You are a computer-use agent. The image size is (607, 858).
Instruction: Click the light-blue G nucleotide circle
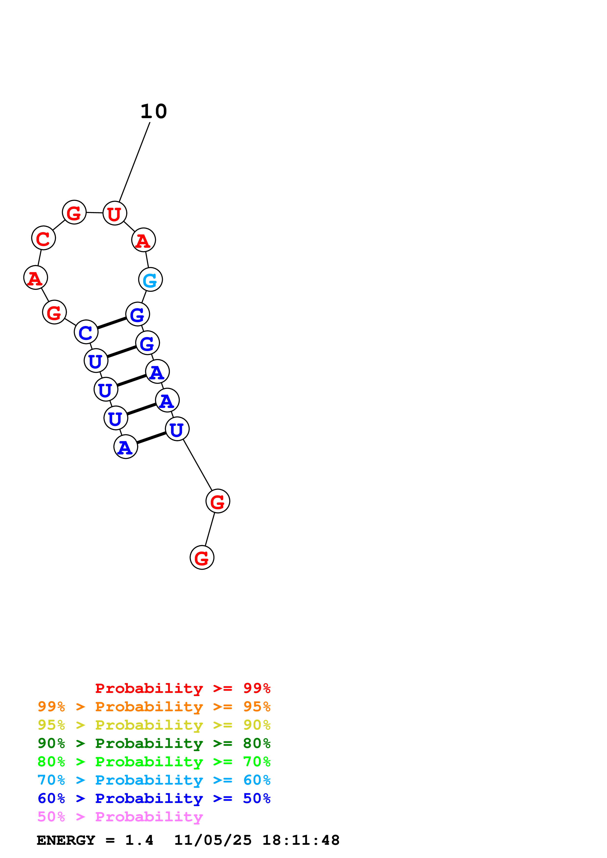(150, 280)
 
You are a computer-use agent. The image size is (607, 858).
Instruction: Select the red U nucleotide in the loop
(114, 213)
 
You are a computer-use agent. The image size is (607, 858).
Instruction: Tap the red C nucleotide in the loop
(43, 238)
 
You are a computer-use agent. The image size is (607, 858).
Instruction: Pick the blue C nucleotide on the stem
(86, 332)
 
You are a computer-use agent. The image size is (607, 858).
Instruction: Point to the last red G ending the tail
(202, 558)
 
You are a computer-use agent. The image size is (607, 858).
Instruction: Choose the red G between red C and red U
(74, 212)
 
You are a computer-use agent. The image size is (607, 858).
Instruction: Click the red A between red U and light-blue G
(143, 240)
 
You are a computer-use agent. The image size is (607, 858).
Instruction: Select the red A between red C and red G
(35, 278)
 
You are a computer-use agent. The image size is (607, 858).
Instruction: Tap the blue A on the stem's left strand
(126, 447)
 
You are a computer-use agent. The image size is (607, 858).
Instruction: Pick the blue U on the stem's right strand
(177, 429)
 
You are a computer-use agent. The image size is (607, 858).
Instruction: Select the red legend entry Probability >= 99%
(182, 688)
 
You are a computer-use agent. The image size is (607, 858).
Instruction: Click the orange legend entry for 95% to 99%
(154, 707)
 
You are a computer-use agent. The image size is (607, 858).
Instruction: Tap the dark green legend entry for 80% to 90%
(154, 743)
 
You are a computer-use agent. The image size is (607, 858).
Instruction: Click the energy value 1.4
(139, 840)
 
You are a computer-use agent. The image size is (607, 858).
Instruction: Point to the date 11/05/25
(213, 840)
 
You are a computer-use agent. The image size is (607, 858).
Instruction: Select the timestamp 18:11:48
(301, 840)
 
